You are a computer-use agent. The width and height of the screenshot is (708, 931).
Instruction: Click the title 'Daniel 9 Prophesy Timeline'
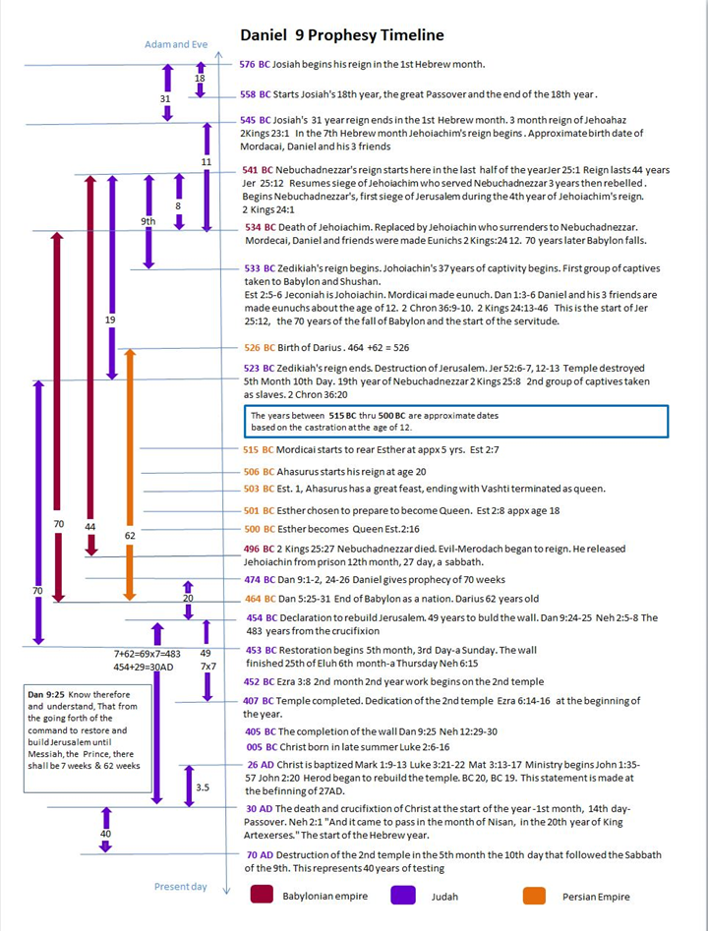pos(341,35)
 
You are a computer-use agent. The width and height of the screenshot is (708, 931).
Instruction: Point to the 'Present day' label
pos(180,887)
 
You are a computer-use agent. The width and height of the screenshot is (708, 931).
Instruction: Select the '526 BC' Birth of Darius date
pos(259,348)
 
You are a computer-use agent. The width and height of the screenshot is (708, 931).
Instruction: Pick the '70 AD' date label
pos(259,855)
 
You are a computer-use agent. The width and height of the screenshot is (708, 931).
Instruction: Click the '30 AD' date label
pos(259,808)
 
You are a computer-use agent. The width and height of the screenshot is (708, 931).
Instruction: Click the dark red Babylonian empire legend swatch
pos(263,895)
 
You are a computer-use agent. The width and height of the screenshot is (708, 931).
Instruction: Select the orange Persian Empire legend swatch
pos(535,895)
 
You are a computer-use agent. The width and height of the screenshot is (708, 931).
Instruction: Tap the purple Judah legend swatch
pos(403,895)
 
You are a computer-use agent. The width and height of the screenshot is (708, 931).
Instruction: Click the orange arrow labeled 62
pos(129,472)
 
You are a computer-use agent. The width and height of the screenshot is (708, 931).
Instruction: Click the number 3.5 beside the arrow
pos(202,787)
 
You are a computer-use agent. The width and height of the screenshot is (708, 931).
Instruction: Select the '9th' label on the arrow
pos(147,221)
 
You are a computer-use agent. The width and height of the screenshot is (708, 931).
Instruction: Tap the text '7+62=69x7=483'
pos(147,653)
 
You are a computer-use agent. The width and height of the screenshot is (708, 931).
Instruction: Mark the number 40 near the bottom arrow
pos(105,834)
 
